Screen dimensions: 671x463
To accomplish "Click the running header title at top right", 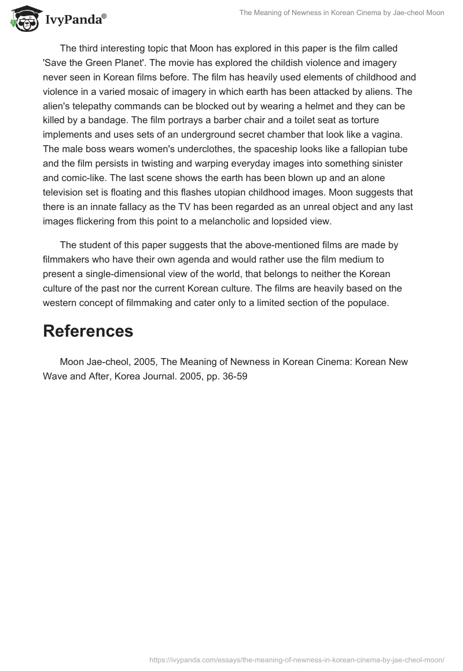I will point(341,13).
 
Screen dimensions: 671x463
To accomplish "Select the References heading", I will point(88,331).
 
